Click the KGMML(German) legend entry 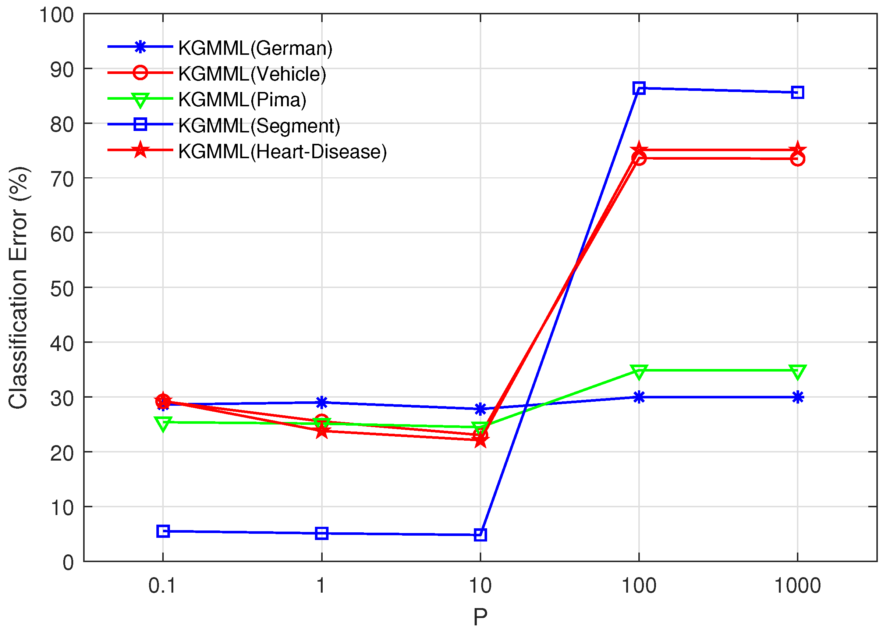[x=255, y=48]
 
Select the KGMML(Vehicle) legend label [x=252, y=74]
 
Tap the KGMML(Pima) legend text [x=242, y=100]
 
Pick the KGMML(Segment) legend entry [x=259, y=125]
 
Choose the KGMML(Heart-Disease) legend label [x=282, y=152]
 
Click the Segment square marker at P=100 [x=639, y=88]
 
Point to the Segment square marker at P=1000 [x=797, y=93]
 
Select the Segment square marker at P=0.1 [x=163, y=531]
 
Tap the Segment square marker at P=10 [x=480, y=535]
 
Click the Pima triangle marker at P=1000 [x=797, y=371]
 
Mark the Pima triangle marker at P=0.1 [x=163, y=423]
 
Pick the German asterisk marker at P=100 [x=639, y=397]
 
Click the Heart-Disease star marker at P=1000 [x=797, y=150]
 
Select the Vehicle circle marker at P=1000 [x=797, y=159]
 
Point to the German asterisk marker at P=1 [x=322, y=402]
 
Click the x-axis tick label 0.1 [x=162, y=585]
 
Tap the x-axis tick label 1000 [x=797, y=585]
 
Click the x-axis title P [x=480, y=617]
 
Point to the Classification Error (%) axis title [x=18, y=288]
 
